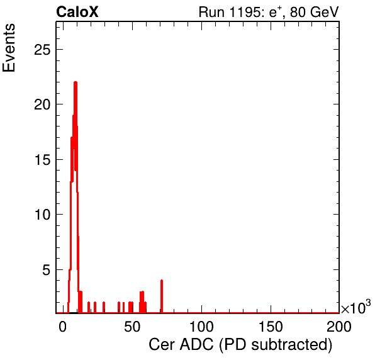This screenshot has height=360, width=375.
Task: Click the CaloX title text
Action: tap(77, 12)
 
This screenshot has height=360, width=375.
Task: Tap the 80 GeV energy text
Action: tap(314, 12)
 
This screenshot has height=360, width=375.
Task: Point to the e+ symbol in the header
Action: tap(276, 12)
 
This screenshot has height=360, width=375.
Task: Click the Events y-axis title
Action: tap(9, 48)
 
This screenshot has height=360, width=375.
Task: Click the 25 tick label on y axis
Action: tap(42, 50)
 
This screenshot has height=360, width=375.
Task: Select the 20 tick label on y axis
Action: tap(42, 104)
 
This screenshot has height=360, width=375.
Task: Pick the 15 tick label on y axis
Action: tap(42, 160)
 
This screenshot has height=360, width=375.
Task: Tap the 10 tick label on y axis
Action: tap(42, 215)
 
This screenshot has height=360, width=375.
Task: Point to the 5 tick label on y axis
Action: tap(47, 270)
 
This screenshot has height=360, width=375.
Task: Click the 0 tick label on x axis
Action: tap(63, 327)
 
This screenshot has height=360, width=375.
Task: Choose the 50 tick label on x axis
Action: tap(132, 327)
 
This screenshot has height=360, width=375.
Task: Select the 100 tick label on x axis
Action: tap(201, 327)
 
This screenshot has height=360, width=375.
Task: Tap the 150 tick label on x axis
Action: tap(271, 327)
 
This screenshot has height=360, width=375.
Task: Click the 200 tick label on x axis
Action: tap(339, 327)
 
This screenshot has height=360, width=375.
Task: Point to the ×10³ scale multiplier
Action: tap(356, 307)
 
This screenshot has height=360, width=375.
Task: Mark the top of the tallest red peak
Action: tap(76, 82)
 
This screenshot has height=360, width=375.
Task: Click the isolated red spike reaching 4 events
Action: tap(162, 296)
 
